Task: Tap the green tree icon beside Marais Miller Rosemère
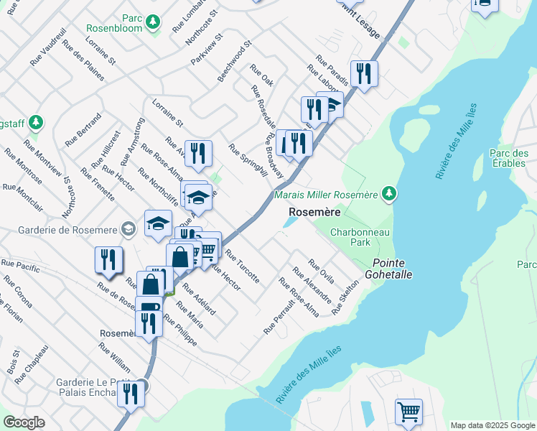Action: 388,193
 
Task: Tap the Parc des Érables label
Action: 508,158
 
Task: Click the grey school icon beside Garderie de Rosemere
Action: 128,229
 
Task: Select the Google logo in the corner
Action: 24,422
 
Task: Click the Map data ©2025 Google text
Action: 492,425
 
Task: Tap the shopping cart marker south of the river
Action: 408,412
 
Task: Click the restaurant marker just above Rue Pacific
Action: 108,259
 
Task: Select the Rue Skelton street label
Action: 345,297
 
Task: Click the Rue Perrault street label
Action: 279,316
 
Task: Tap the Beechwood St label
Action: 235,60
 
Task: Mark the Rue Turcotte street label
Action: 242,267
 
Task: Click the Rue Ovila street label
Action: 321,272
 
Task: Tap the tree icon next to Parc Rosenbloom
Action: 152,23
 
